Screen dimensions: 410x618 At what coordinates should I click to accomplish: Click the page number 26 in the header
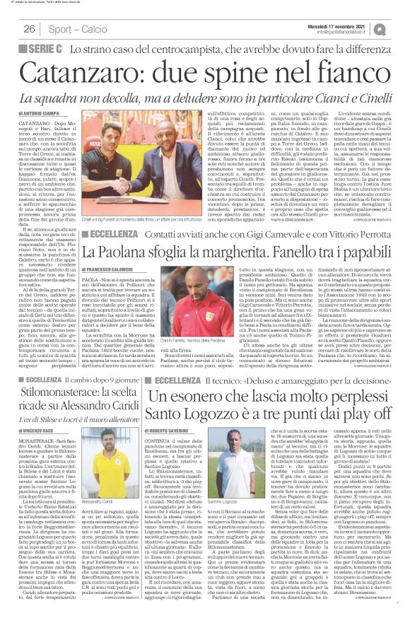pyautogui.click(x=30, y=29)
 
